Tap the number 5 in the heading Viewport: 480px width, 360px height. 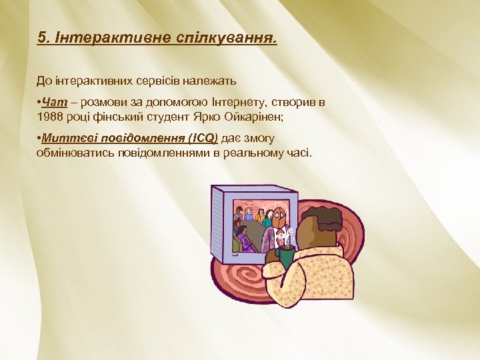[41, 37]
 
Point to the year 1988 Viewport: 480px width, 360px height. [50, 117]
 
